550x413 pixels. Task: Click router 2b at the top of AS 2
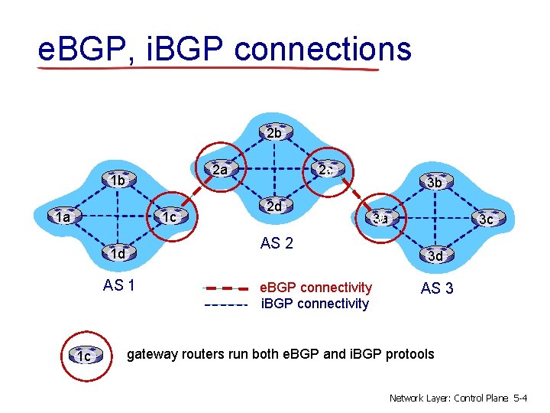pos(274,133)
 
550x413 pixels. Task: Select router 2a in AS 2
pos(220,169)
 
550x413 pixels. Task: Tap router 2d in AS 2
pos(273,206)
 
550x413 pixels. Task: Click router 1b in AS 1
pos(117,180)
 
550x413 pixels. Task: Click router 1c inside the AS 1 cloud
pos(170,217)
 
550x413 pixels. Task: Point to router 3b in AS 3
pos(435,182)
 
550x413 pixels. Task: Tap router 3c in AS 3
pos(486,219)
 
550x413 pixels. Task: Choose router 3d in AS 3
pos(435,255)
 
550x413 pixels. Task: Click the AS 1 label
pos(119,287)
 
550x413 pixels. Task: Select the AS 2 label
pos(277,244)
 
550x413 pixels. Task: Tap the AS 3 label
pos(437,288)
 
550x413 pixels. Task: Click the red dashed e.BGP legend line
pos(226,289)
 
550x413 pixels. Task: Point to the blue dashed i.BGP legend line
pos(226,304)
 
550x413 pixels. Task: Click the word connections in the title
pos(323,50)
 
